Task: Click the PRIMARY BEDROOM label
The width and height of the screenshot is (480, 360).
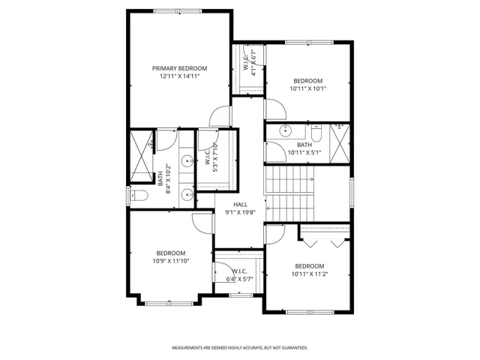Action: (x=179, y=68)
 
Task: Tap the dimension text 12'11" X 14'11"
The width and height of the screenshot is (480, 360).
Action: (x=179, y=76)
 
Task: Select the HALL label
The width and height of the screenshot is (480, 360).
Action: (x=240, y=204)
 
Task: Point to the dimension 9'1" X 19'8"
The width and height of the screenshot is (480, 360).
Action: (x=240, y=212)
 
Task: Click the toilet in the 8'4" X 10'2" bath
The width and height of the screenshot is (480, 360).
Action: (x=138, y=196)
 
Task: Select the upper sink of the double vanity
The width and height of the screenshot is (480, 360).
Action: (x=185, y=160)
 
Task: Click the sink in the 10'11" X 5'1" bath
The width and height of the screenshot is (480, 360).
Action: (x=285, y=130)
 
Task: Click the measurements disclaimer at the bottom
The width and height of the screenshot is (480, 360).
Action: (x=240, y=348)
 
